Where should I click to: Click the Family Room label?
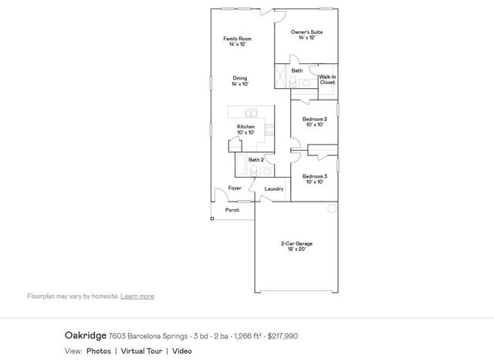click(237, 42)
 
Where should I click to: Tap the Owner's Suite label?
click(307, 35)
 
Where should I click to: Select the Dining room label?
click(240, 80)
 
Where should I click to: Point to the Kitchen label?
click(246, 129)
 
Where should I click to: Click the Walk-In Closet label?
click(327, 80)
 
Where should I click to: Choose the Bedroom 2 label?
click(315, 121)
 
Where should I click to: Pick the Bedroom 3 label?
click(315, 178)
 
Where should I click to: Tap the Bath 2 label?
click(256, 160)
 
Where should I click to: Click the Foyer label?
click(235, 188)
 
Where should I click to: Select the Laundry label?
click(274, 188)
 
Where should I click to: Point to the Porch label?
click(232, 210)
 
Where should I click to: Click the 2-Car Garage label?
click(296, 246)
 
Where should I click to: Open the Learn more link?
click(137, 296)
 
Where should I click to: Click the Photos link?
click(98, 351)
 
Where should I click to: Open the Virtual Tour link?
click(140, 351)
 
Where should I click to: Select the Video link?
click(182, 351)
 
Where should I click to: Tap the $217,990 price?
click(282, 336)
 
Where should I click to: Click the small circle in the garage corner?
click(332, 209)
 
